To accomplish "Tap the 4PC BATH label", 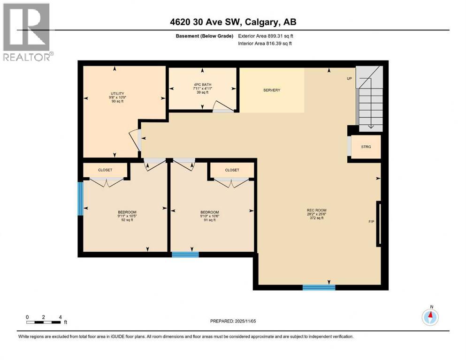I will (x=202, y=84).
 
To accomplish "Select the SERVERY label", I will (x=271, y=90).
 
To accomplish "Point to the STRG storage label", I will (x=366, y=147).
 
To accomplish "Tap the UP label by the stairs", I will (x=349, y=78).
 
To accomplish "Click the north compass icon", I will (x=429, y=317).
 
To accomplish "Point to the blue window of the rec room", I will (x=319, y=287).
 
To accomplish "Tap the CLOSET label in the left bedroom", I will (x=105, y=170).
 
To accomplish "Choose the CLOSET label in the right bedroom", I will (x=232, y=170).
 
